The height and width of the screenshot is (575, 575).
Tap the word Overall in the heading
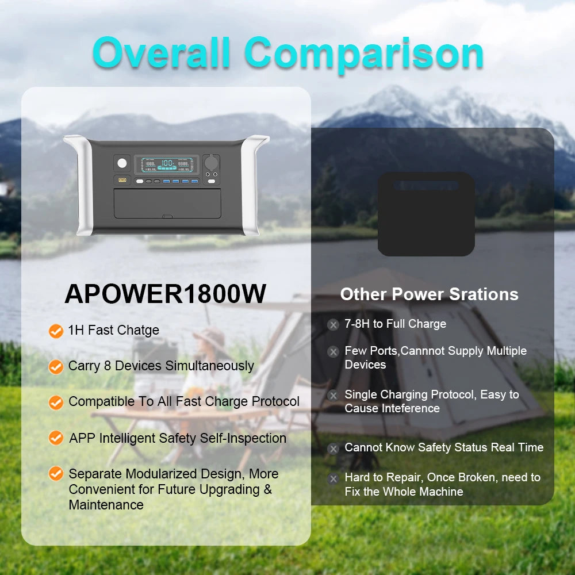[x=161, y=53]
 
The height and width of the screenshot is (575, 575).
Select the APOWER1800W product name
[x=166, y=293]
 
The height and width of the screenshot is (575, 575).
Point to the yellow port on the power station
[x=122, y=181]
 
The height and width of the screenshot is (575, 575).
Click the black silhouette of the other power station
[x=426, y=214]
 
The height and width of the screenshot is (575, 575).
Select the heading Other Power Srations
[x=429, y=294]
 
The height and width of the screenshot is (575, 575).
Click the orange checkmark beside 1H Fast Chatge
[x=56, y=331]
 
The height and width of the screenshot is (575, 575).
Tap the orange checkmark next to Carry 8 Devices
[x=56, y=367]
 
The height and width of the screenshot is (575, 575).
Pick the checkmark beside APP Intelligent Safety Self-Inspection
[x=56, y=438]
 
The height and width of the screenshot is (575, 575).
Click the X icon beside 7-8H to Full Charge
[x=333, y=325]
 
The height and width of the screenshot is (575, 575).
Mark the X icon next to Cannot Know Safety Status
[x=333, y=448]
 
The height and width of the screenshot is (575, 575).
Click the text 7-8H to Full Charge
[x=395, y=324]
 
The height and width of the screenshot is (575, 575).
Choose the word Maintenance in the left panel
[x=106, y=505]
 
